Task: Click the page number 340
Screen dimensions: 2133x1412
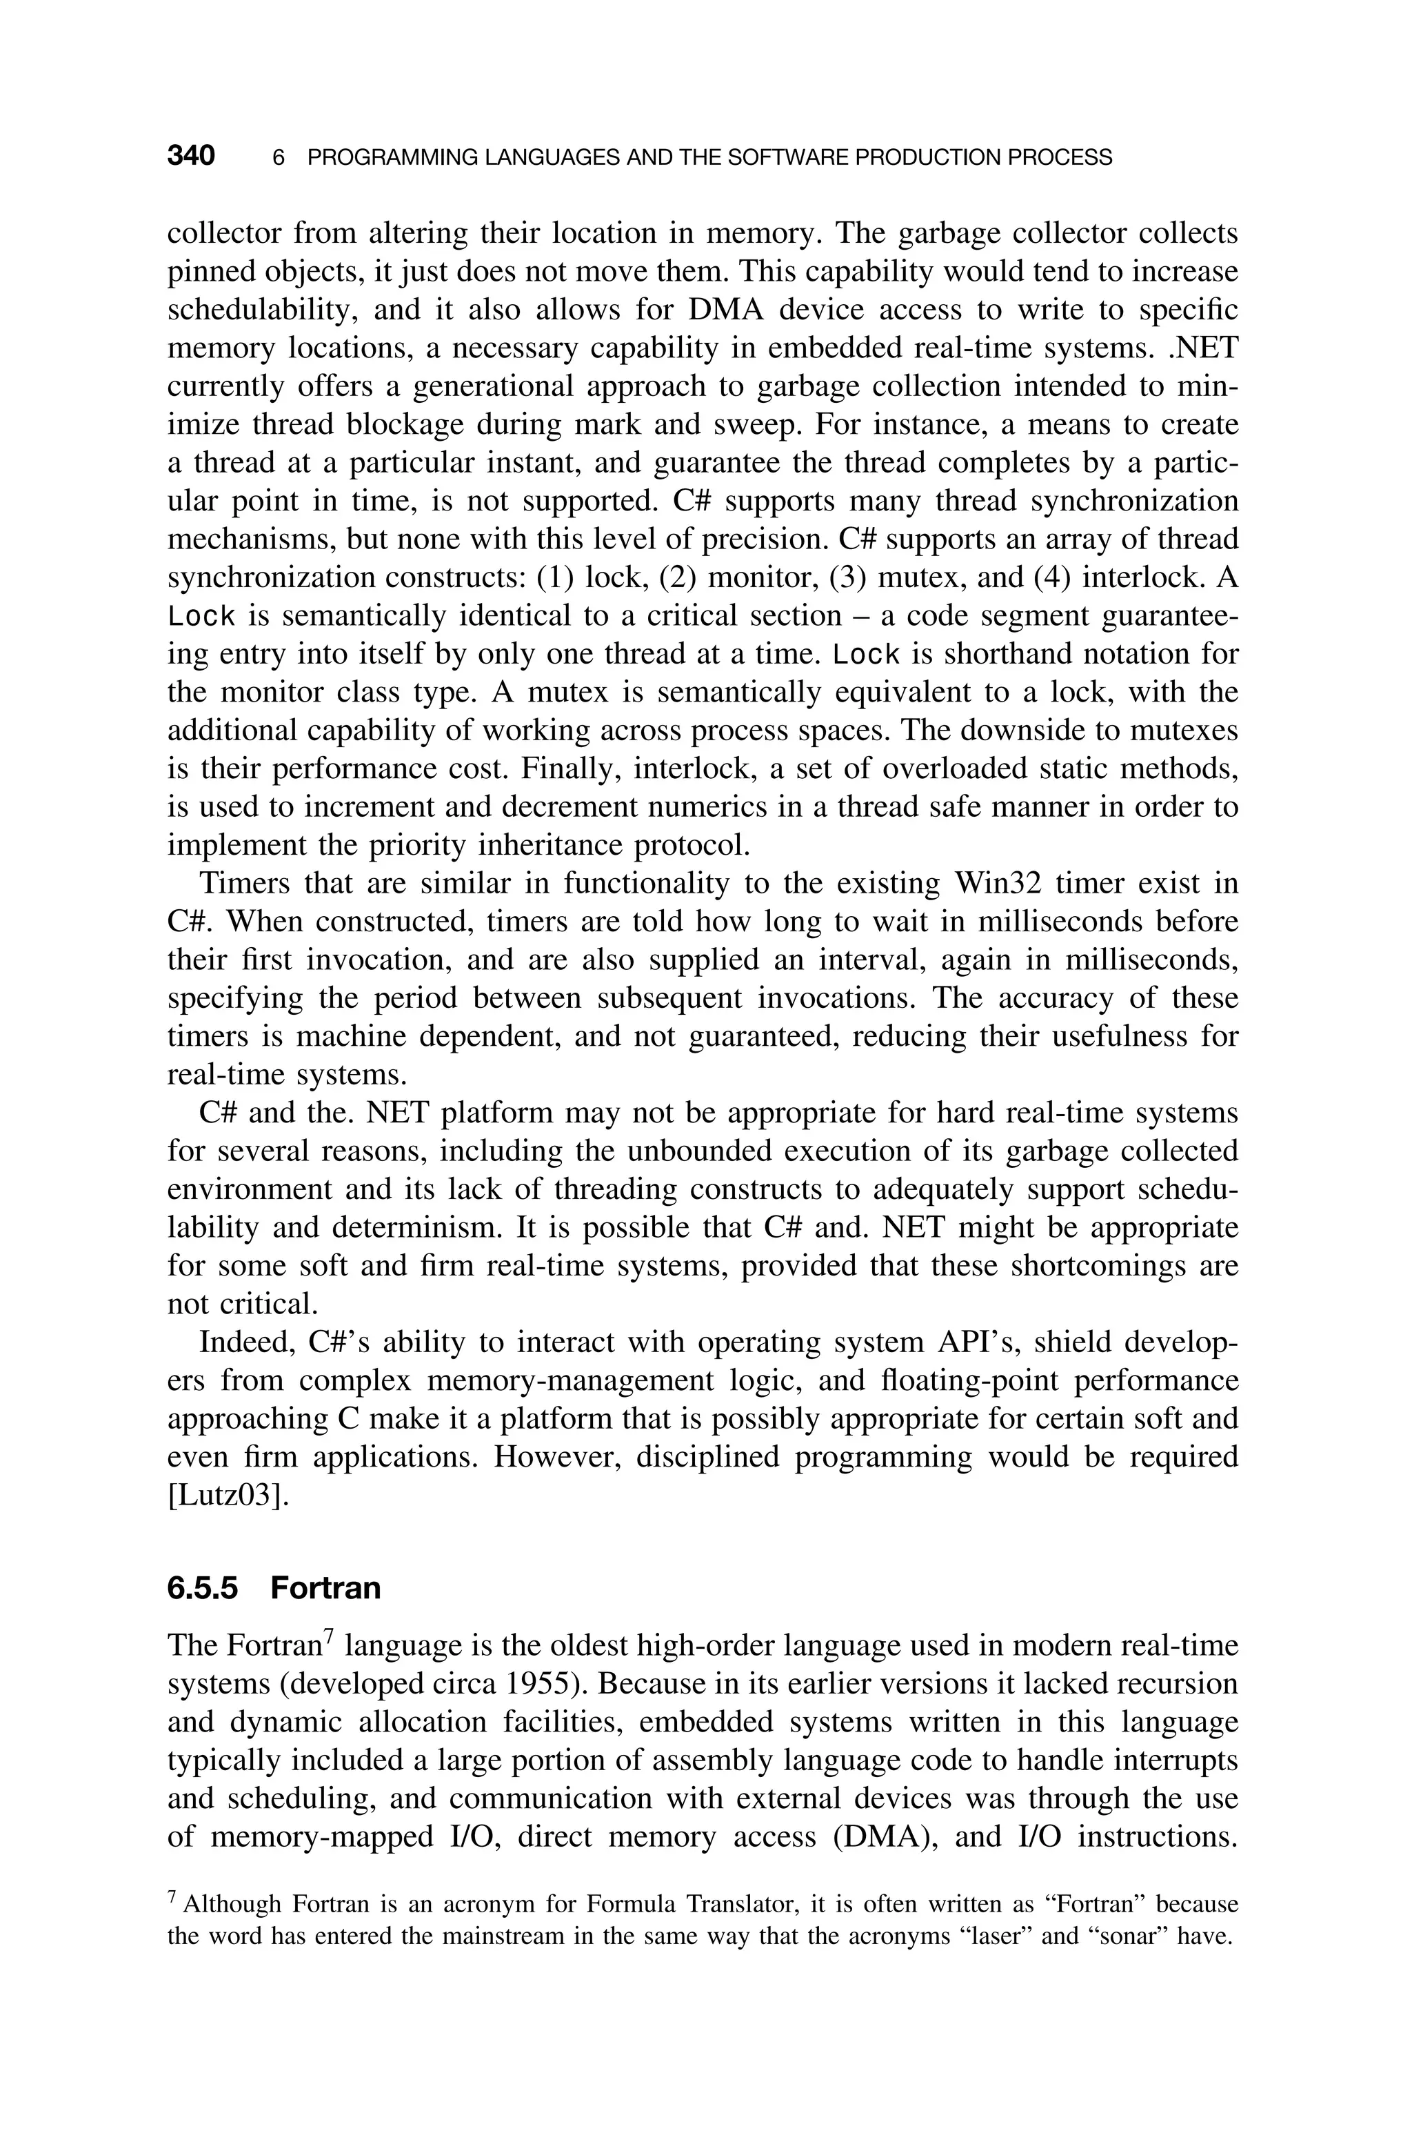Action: (x=191, y=157)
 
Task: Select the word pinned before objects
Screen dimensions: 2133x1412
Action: (x=206, y=272)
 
